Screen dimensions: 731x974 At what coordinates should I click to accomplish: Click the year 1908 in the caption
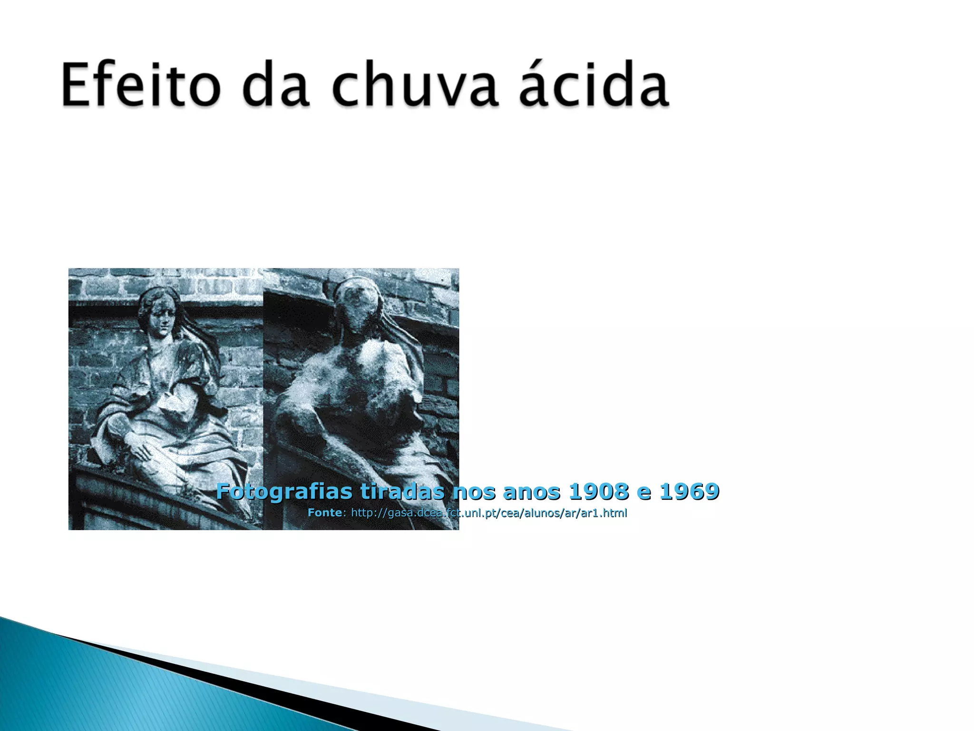(x=599, y=491)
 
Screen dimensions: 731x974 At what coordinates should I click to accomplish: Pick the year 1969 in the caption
(x=689, y=491)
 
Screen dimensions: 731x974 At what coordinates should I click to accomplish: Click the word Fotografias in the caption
(x=284, y=491)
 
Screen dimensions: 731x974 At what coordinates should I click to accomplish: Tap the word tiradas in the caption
(x=402, y=491)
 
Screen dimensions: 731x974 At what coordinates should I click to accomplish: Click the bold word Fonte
(x=324, y=513)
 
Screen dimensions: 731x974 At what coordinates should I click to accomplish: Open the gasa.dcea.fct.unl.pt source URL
(x=489, y=513)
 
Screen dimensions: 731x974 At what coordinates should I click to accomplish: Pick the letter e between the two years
(x=644, y=492)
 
